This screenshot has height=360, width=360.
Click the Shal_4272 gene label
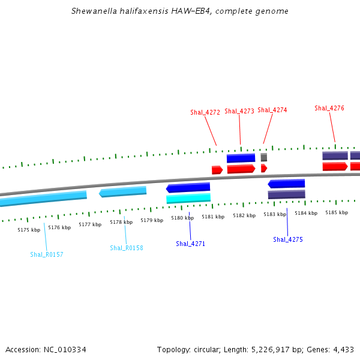click(x=205, y=112)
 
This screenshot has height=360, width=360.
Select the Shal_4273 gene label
click(x=239, y=111)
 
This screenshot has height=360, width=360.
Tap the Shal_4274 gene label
click(x=272, y=110)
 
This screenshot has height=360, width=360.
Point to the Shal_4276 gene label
click(x=329, y=108)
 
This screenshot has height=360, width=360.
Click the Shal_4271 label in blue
click(x=190, y=244)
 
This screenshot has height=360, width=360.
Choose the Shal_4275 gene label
click(x=288, y=239)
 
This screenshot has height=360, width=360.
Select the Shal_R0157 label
click(x=47, y=254)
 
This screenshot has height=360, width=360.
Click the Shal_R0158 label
click(x=127, y=248)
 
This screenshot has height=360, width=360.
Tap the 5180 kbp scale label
click(x=182, y=218)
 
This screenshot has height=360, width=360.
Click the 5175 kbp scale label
click(x=29, y=230)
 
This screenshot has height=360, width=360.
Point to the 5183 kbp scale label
click(x=275, y=214)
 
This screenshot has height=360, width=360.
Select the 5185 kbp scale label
click(x=337, y=212)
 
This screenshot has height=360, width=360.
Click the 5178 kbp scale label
click(x=121, y=222)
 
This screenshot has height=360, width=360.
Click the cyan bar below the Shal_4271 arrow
click(x=188, y=198)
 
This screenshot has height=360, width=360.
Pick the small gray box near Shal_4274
click(x=264, y=157)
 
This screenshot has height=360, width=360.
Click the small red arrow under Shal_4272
click(x=217, y=170)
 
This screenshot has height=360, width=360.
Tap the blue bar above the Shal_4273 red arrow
click(x=241, y=158)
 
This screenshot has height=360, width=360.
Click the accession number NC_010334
click(x=65, y=349)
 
